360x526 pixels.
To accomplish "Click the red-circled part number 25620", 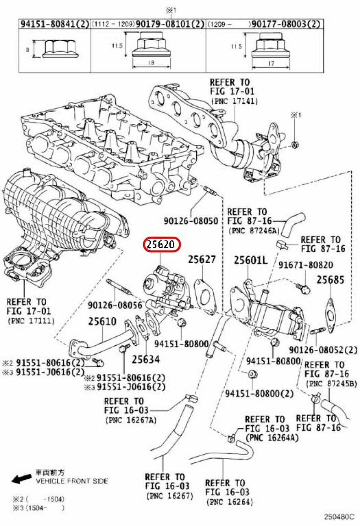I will [161, 245].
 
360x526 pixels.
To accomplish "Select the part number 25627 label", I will [202, 260].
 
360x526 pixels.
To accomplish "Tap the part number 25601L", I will [250, 260].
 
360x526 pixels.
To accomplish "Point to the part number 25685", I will [330, 280].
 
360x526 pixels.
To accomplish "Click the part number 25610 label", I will [102, 322].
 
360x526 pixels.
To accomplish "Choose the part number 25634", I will [146, 359].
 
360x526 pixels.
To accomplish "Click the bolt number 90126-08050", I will [191, 221].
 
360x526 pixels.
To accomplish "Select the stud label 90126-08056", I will [115, 305].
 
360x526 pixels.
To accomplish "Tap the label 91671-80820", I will [305, 265].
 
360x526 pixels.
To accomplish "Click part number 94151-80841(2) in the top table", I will [54, 24].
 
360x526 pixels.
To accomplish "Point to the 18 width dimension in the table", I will [150, 63].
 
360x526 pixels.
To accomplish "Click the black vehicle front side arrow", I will [21, 479].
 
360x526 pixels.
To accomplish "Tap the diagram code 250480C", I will [338, 516].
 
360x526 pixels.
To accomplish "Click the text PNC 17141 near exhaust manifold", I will [234, 101].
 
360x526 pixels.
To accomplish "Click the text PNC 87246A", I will [253, 230].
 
